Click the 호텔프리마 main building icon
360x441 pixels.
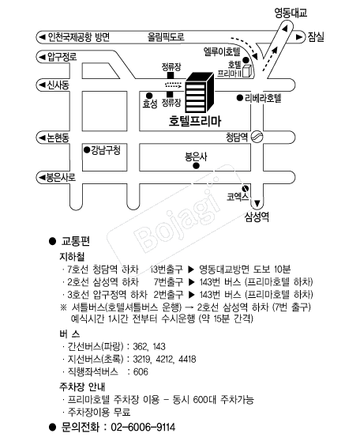click(200, 92)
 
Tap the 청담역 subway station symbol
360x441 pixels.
click(257, 137)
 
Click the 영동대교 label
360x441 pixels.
click(291, 13)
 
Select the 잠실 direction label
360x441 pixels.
click(316, 36)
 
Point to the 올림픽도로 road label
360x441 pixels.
click(166, 37)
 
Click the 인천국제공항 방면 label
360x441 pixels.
click(78, 37)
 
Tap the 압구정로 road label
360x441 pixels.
click(62, 57)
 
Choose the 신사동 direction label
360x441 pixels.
click(58, 85)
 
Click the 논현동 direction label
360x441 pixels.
click(58, 138)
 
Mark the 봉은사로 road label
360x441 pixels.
click(61, 178)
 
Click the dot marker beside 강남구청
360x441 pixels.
click(87, 149)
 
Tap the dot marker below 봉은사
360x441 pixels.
click(196, 166)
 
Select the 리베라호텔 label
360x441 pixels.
click(263, 98)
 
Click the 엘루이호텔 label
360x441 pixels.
click(222, 51)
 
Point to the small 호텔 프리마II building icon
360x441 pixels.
click(246, 71)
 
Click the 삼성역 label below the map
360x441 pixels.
click(257, 217)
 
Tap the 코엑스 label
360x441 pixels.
click(238, 197)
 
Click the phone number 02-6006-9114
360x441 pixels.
click(143, 427)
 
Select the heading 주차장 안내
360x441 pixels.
click(82, 386)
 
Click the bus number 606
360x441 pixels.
click(141, 371)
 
